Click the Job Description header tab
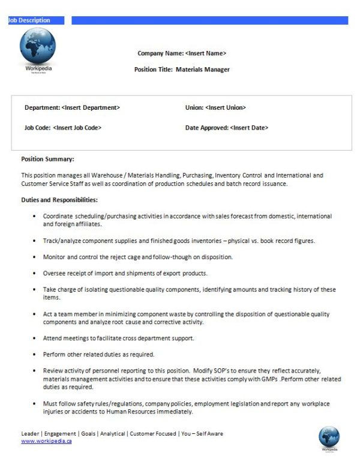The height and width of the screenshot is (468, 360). tap(29, 20)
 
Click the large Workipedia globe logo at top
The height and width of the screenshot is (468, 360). tap(37, 47)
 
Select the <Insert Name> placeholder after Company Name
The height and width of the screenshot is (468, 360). tap(206, 53)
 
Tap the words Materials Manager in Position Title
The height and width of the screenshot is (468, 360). tap(203, 70)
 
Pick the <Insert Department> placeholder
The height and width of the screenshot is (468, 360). tap(91, 107)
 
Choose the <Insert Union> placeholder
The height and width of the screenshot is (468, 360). tap(226, 107)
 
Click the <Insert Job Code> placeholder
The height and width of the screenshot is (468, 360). tap(77, 127)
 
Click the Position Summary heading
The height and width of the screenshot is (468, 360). tap(48, 159)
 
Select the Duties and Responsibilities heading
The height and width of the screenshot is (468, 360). tap(59, 199)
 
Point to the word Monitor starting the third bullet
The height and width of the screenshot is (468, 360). tap(55, 257)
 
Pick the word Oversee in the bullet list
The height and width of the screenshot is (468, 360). tap(55, 273)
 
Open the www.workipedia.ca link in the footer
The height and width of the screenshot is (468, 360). tap(47, 441)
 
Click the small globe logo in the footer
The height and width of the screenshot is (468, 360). tap(329, 436)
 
